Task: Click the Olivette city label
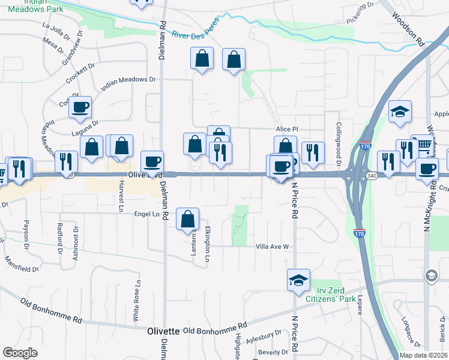(164, 331)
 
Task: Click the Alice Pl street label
(287, 129)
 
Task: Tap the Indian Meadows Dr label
(128, 83)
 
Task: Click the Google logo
(20, 353)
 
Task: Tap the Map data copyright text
(423, 355)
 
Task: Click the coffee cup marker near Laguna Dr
(80, 107)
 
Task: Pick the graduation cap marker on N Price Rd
(298, 280)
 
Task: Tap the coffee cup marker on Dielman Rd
(152, 161)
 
